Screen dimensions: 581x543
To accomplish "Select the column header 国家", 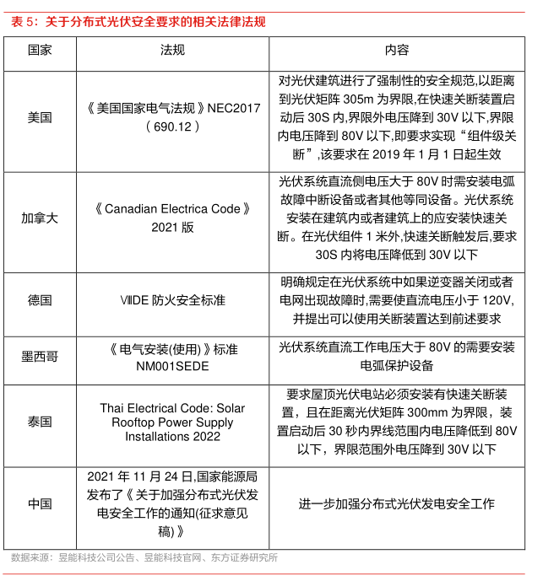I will click(40, 51).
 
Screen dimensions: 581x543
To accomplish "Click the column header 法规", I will click(172, 51).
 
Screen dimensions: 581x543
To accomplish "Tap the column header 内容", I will click(397, 51).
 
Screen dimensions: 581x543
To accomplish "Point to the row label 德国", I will click(40, 300).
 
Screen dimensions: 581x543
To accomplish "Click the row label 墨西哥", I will click(40, 357).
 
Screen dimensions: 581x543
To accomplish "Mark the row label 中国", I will click(40, 503).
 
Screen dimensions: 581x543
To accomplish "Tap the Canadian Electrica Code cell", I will click(172, 218).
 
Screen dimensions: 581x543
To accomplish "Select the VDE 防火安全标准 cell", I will click(172, 300).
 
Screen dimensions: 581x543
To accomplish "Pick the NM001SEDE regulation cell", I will click(172, 357).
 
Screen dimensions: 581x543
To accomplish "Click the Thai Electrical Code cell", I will click(172, 422).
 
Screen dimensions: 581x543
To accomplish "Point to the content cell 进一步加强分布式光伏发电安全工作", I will click(397, 503).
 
